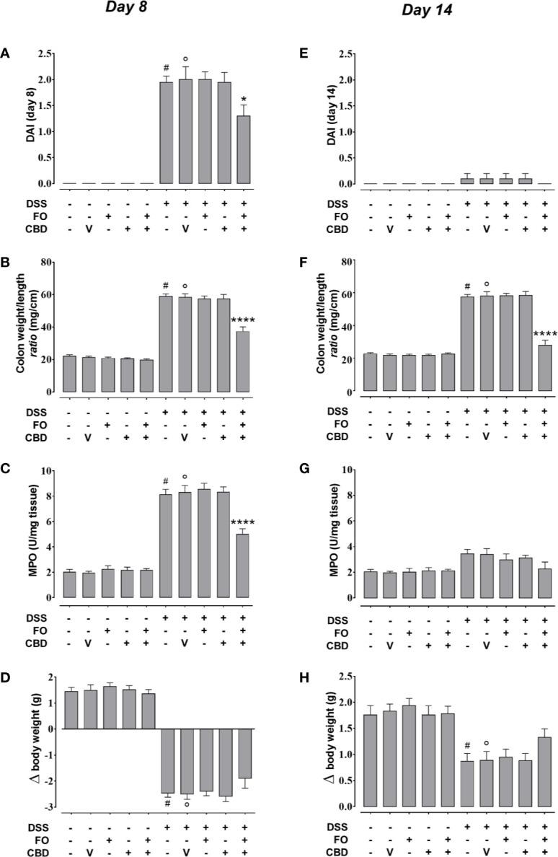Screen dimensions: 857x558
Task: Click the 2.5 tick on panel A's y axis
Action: (48, 54)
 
